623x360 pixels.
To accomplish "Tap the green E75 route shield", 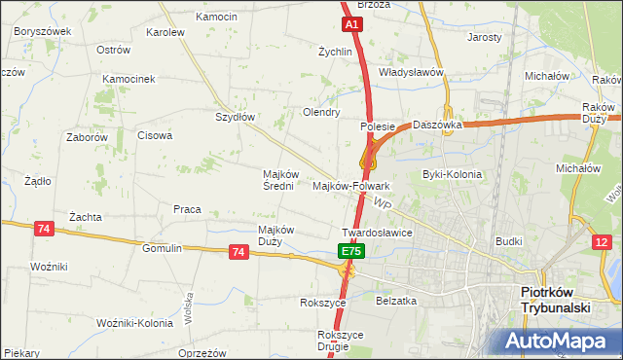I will pyautogui.click(x=351, y=251).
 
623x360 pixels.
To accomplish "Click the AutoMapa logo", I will pyautogui.click(x=558, y=341).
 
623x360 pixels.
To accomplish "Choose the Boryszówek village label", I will pyautogui.click(x=43, y=31).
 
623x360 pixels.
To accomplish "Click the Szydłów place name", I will pyautogui.click(x=235, y=117).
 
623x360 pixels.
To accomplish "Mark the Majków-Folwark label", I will pyautogui.click(x=351, y=185).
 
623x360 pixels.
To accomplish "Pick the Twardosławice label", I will pyautogui.click(x=378, y=234).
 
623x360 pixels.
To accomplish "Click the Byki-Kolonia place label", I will pyautogui.click(x=452, y=175).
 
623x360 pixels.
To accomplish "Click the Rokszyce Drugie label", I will pyautogui.click(x=340, y=341).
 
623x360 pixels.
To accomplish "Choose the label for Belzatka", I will pyautogui.click(x=396, y=302).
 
